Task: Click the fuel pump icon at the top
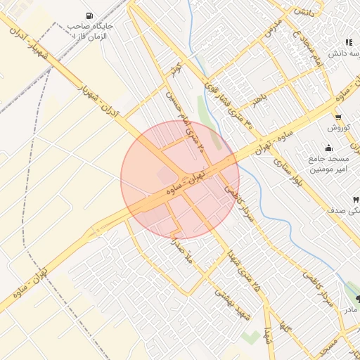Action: [88, 16]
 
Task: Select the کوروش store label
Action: [338, 128]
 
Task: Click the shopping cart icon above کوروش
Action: [338, 117]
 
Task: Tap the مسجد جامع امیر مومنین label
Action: [328, 165]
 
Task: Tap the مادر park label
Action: [349, 310]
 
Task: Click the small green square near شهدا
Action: [249, 337]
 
